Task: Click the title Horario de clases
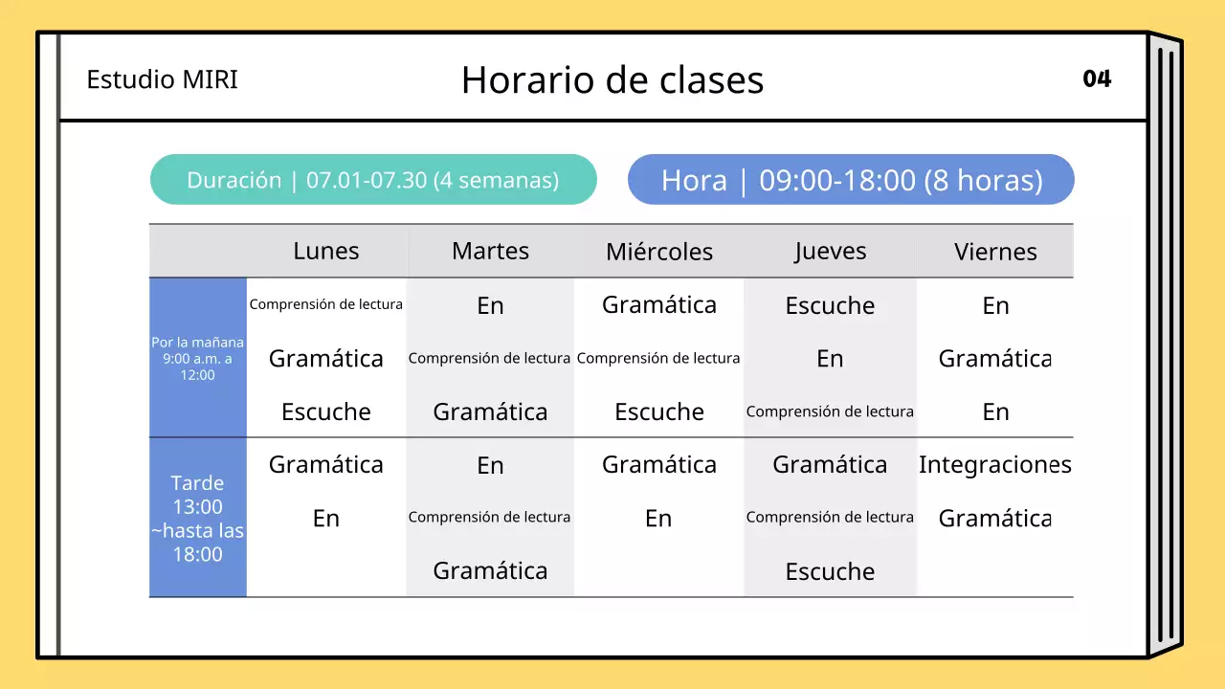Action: click(x=612, y=80)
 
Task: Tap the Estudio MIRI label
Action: click(x=162, y=79)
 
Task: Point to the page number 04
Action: click(x=1097, y=78)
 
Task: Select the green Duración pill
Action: click(x=373, y=180)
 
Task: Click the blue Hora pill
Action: click(x=851, y=180)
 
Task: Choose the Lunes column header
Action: click(x=326, y=251)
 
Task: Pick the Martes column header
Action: click(x=490, y=251)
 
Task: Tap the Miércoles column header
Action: click(x=659, y=252)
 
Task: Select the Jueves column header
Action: click(x=830, y=251)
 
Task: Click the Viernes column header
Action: click(x=995, y=252)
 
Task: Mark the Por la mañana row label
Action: click(x=198, y=358)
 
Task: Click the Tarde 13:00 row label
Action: click(x=198, y=518)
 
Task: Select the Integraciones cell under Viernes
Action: click(x=995, y=465)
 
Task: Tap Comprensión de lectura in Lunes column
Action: click(x=326, y=304)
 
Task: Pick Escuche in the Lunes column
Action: click(x=326, y=411)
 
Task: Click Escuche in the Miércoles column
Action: click(x=659, y=411)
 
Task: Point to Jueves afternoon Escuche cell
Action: click(x=830, y=571)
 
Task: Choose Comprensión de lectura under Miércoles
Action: click(x=658, y=358)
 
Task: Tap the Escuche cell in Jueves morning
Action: click(x=830, y=305)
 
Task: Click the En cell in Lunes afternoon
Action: click(x=326, y=518)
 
